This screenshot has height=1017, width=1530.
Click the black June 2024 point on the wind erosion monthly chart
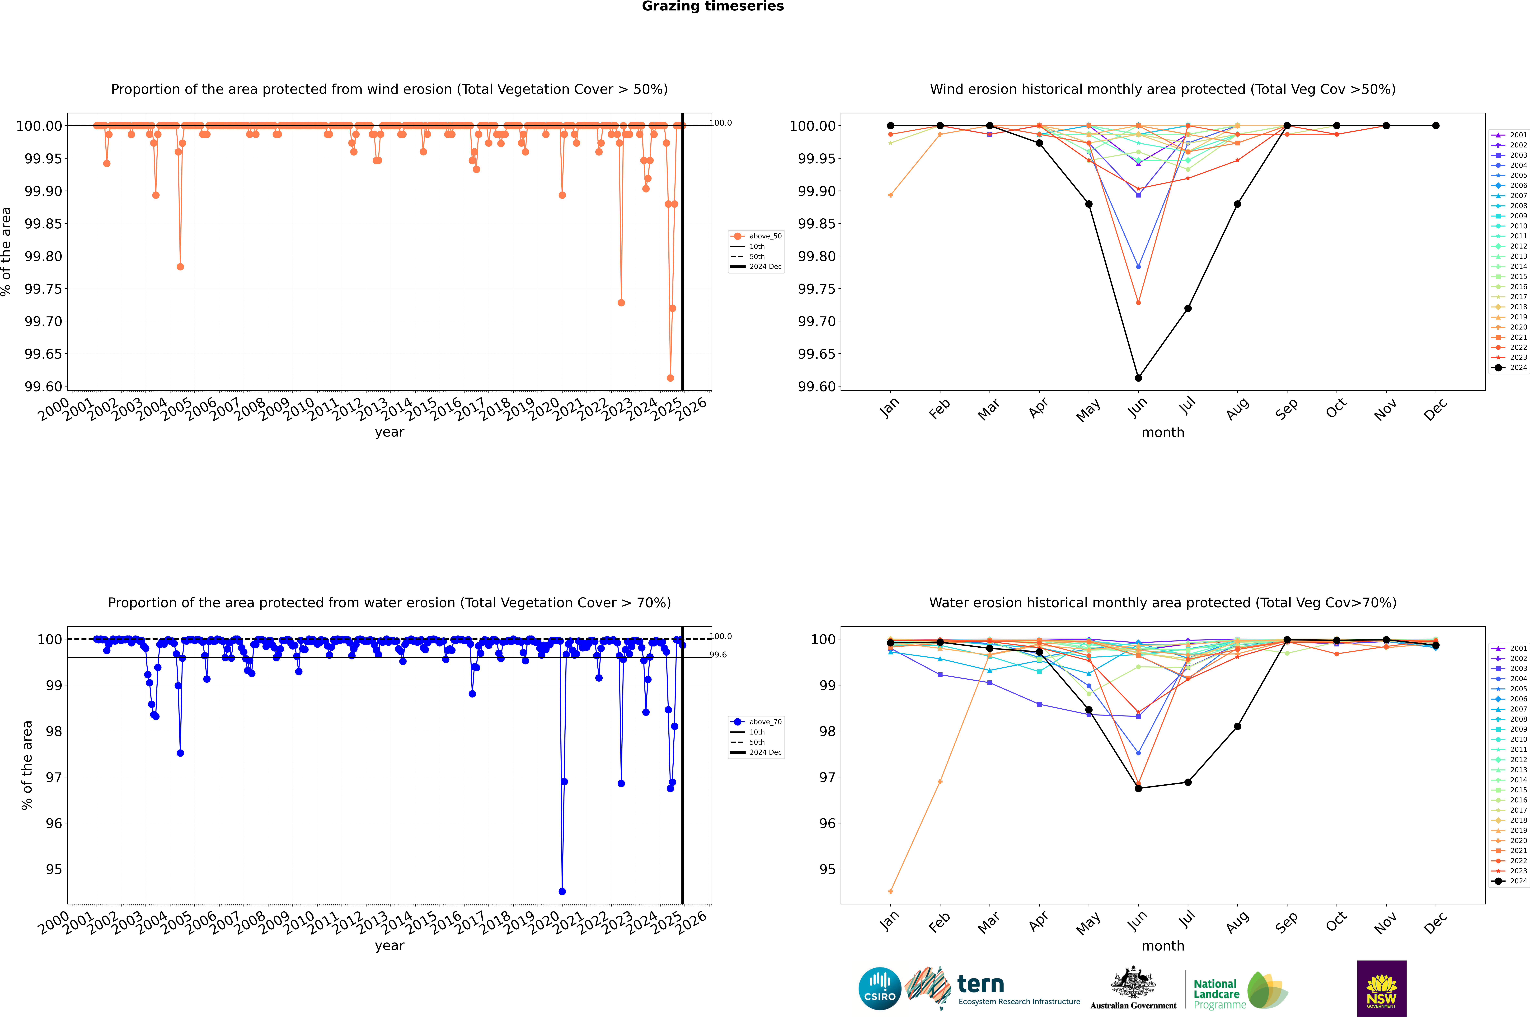tap(1138, 377)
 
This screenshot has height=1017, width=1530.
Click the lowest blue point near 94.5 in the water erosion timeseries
tap(562, 891)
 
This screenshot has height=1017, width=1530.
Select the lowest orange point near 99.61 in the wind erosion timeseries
tap(670, 377)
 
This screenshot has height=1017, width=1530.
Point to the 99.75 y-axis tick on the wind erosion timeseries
tap(43, 289)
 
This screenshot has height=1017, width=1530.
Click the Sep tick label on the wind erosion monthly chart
tap(1286, 409)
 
